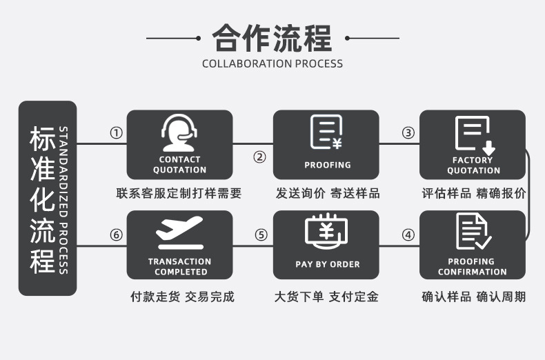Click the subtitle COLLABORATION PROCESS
(272, 63)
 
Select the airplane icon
(179, 232)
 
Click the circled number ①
(117, 132)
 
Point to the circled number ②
(259, 157)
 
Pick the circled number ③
(408, 132)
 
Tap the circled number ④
(408, 234)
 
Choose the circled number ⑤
(261, 234)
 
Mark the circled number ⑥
(117, 234)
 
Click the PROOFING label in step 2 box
(327, 165)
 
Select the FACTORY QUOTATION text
(473, 165)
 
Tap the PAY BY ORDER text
(327, 264)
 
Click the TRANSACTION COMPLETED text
(179, 266)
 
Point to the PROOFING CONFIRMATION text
(473, 266)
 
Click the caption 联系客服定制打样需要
(179, 193)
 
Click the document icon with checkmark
(473, 231)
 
